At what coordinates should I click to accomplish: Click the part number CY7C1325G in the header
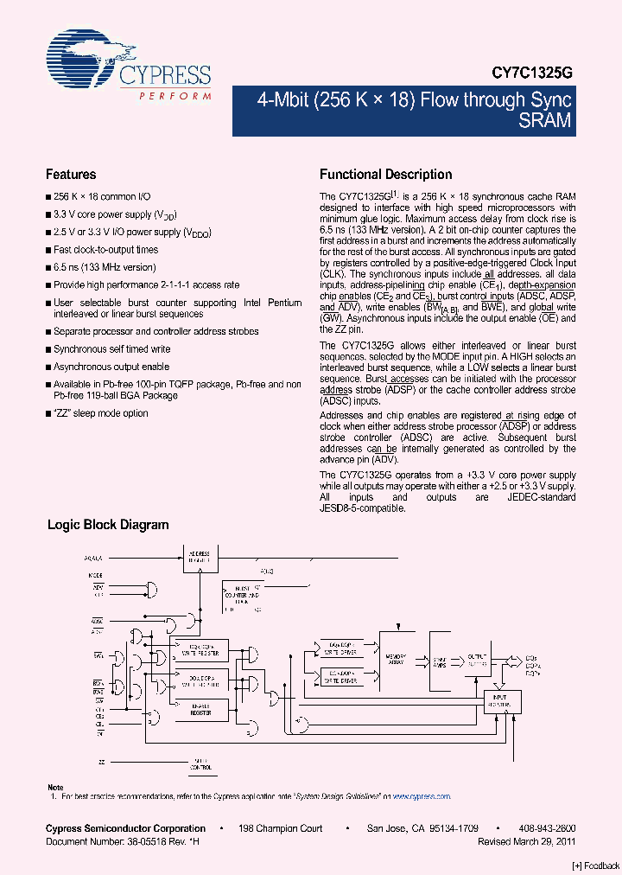point(531,75)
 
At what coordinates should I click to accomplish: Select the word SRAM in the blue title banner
point(545,121)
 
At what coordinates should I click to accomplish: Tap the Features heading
point(71,174)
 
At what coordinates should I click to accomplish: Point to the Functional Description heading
point(385,174)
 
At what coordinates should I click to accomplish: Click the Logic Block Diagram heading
point(108,525)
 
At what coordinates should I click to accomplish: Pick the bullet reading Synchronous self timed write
point(112,349)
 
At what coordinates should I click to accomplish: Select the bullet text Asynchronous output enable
point(111,367)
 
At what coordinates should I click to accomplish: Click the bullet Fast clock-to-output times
point(106,250)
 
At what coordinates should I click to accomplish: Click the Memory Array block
point(395,661)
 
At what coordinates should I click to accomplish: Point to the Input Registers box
point(500,701)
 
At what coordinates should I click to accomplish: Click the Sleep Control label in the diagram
point(200,764)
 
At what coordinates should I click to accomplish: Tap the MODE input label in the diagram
point(96,575)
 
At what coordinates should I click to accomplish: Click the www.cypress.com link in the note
point(422,796)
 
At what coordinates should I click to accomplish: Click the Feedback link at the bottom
point(595,865)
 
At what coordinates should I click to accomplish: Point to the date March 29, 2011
point(543,840)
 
